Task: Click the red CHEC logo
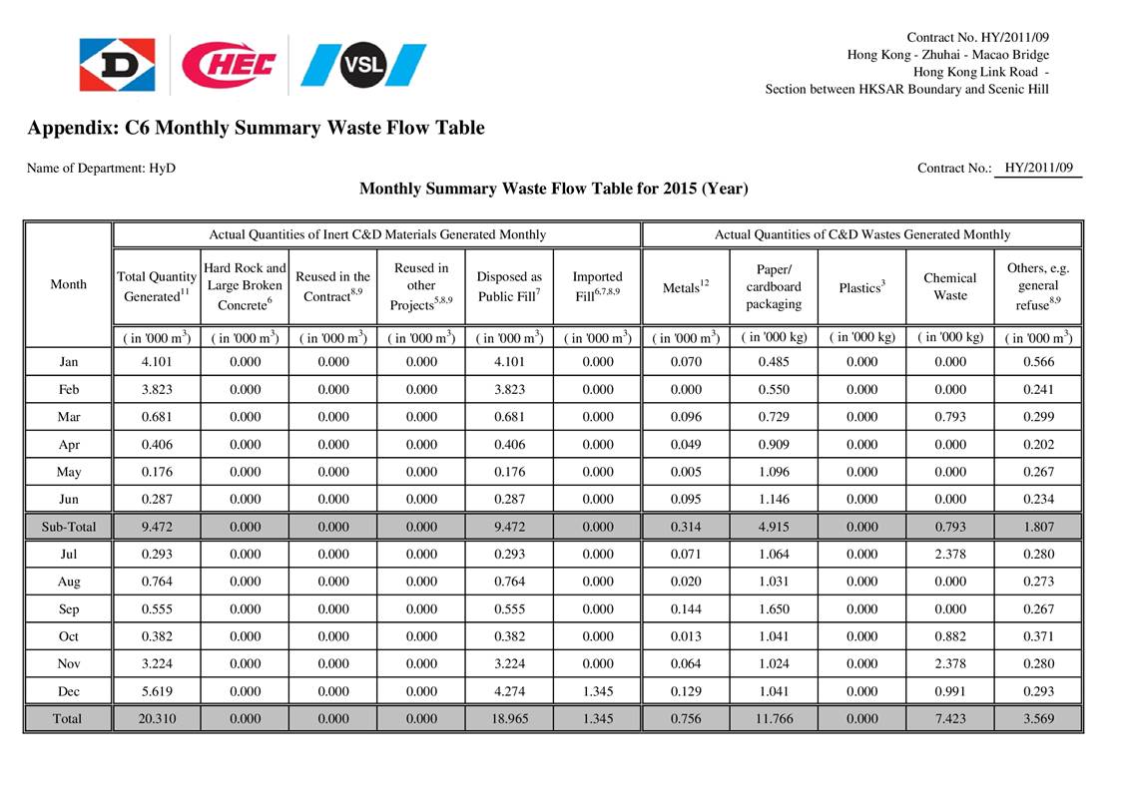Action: (231, 65)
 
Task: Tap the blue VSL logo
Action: (363, 65)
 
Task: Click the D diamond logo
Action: (117, 65)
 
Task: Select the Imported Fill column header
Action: (598, 284)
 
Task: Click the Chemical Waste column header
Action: (949, 286)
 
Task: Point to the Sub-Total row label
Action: (68, 526)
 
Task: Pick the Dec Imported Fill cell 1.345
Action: (598, 690)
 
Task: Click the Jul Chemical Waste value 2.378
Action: (949, 554)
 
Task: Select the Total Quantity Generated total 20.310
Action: (157, 718)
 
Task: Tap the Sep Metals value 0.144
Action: (686, 608)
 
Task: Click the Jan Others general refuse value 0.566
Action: (1038, 362)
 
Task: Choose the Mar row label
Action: (68, 417)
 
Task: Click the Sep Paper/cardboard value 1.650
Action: (774, 608)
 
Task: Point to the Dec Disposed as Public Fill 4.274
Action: (509, 690)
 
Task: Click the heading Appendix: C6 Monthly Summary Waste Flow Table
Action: (256, 128)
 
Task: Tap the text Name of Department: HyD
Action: (101, 169)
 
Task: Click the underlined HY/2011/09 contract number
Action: (1038, 168)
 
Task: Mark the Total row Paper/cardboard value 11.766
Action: (774, 718)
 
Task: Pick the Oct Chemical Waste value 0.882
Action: (949, 635)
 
